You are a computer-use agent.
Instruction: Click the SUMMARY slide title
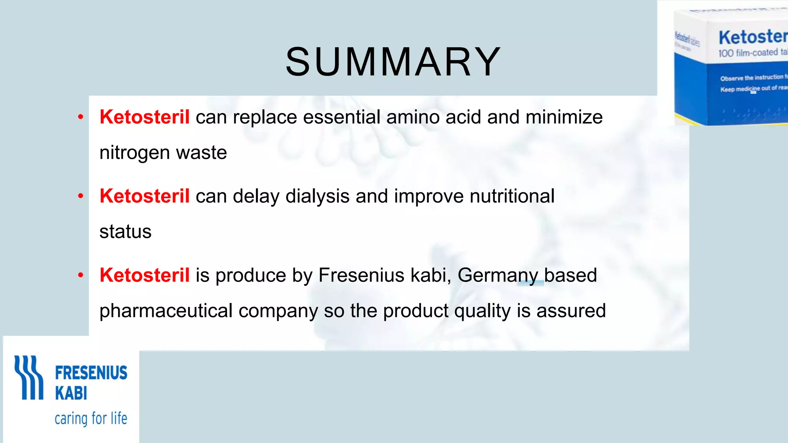coord(393,62)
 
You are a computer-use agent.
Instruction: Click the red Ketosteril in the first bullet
coord(144,117)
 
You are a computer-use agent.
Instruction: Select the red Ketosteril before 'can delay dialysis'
coord(144,196)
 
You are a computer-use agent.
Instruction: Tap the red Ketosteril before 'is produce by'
coord(144,275)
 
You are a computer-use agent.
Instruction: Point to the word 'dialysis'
coord(317,196)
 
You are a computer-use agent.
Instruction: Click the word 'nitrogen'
coord(135,153)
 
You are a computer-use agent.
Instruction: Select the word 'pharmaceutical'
coord(166,311)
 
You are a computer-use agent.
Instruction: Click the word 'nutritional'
coord(512,196)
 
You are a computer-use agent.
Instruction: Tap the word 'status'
coord(125,231)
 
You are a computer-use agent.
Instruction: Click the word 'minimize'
coord(564,117)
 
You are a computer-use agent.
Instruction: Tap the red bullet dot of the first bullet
coord(80,117)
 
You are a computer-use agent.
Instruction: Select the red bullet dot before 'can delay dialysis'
coord(80,196)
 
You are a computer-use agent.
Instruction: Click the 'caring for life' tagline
coord(91,418)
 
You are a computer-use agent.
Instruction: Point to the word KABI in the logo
coord(71,393)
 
